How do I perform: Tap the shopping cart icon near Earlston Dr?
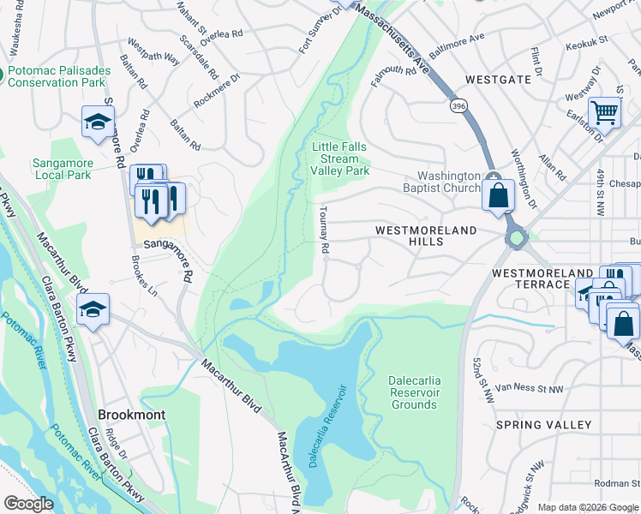tap(605, 114)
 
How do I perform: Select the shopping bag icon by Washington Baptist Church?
tap(498, 196)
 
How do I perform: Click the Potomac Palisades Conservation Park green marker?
tap(3, 76)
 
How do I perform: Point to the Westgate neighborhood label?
tap(498, 79)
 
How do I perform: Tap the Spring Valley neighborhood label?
tap(543, 425)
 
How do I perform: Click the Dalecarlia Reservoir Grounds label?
tap(414, 397)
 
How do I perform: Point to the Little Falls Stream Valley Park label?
tap(340, 158)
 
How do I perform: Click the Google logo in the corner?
tap(28, 504)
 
